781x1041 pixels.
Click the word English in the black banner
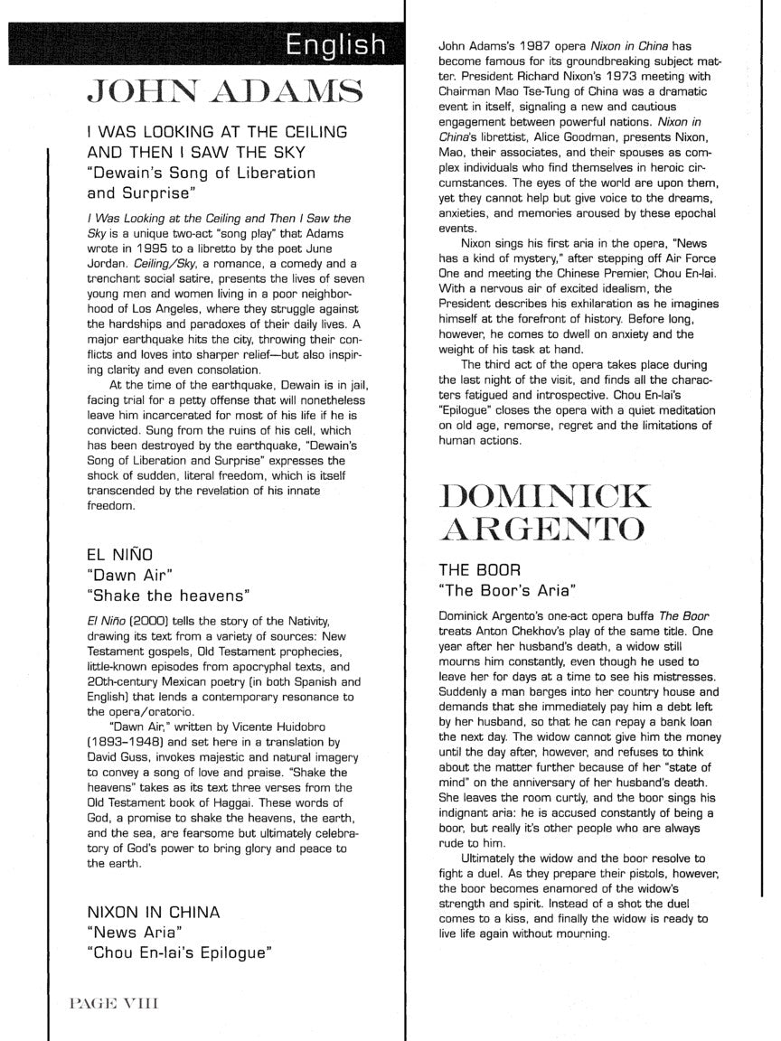(335, 45)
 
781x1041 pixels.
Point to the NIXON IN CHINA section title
(153, 911)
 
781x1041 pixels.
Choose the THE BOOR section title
(479, 570)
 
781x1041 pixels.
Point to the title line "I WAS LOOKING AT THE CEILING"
(217, 132)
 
